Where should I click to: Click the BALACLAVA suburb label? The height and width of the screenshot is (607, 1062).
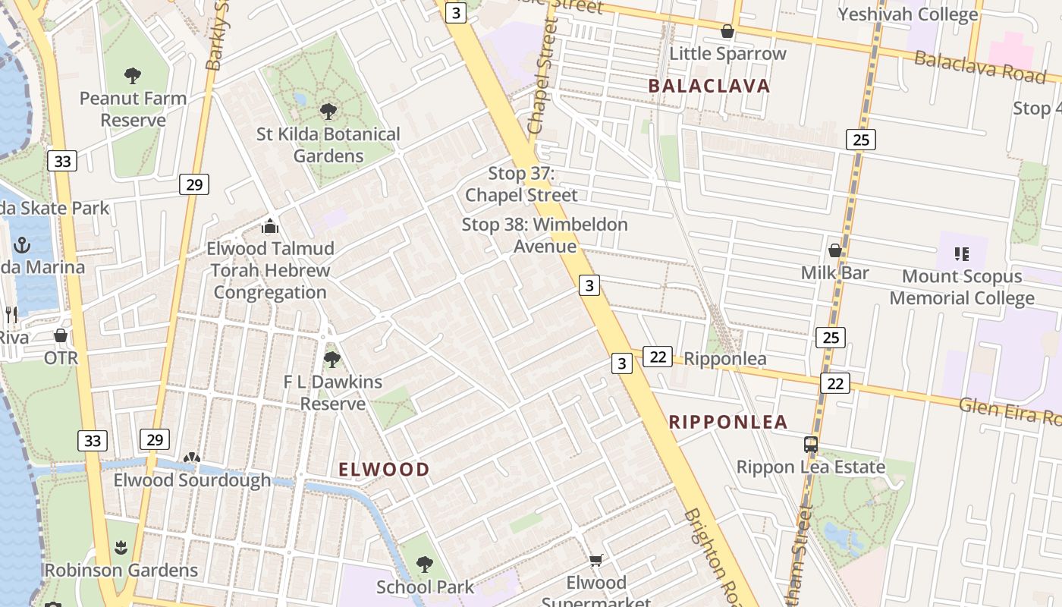pos(709,86)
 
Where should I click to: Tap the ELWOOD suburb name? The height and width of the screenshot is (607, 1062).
pos(384,470)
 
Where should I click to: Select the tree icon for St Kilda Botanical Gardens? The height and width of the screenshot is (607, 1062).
pos(328,112)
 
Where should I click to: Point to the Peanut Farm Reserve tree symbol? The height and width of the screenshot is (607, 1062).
pos(133,76)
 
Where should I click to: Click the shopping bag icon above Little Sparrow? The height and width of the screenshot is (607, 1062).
pos(727,31)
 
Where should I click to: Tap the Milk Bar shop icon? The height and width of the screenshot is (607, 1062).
pos(834,250)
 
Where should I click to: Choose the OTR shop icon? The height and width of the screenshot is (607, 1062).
pos(61,335)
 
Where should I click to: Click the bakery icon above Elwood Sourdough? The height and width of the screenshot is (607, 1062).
pos(192,458)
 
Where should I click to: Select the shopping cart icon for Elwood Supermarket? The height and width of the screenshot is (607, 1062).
pos(596,561)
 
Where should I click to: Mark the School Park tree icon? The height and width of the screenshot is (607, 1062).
pos(425,565)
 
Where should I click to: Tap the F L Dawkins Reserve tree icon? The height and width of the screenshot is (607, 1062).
pos(332,360)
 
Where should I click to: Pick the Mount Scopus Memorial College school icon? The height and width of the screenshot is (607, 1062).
pos(961,253)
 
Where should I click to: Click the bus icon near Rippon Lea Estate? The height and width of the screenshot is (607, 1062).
pos(811,445)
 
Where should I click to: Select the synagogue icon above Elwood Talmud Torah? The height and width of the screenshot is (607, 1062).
pos(269,226)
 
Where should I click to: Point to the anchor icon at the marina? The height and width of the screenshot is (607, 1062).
pos(22,245)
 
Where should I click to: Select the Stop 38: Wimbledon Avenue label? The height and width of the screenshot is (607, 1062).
pos(545,235)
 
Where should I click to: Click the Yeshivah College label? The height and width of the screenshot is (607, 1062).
pos(907,14)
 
